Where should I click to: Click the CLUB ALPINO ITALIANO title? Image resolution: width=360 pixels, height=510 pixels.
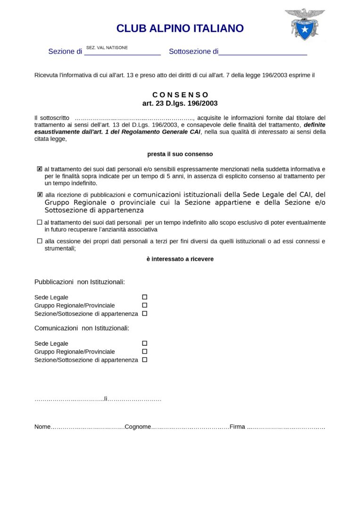click(180, 28)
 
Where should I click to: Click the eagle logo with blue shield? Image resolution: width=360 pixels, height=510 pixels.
click(304, 24)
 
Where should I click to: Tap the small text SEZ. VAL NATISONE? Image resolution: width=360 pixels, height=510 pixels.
click(107, 48)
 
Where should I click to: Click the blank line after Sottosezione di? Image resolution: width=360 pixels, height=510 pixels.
click(263, 52)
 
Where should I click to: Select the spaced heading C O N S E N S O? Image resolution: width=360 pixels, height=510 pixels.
click(180, 95)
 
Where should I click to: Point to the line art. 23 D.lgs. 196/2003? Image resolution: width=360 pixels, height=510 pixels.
click(180, 103)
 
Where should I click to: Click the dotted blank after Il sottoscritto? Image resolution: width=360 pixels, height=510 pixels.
click(134, 118)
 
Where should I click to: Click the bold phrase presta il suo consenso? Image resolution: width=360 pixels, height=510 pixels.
click(180, 154)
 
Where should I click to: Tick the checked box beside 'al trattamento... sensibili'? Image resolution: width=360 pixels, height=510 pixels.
click(40, 169)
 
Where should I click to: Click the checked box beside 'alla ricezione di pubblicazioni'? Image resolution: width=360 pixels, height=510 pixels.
click(40, 195)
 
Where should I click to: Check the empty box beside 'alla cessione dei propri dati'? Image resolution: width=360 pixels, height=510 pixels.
click(40, 241)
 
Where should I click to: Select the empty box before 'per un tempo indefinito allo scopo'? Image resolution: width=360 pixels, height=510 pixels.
click(40, 222)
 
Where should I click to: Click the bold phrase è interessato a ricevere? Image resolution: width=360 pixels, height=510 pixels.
click(180, 259)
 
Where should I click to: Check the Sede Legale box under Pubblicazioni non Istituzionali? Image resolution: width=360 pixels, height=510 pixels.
click(145, 297)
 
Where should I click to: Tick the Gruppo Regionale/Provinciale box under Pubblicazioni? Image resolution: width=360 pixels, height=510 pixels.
click(145, 305)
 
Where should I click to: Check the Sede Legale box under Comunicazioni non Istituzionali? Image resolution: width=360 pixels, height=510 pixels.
click(145, 343)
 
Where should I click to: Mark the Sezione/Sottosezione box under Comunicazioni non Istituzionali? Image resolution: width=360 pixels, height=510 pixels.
click(145, 359)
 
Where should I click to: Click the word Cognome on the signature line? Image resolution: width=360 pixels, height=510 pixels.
click(138, 427)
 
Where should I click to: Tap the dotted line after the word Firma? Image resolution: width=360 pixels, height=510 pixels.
click(286, 427)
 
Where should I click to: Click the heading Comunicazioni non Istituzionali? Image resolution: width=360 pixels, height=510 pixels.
click(82, 328)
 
